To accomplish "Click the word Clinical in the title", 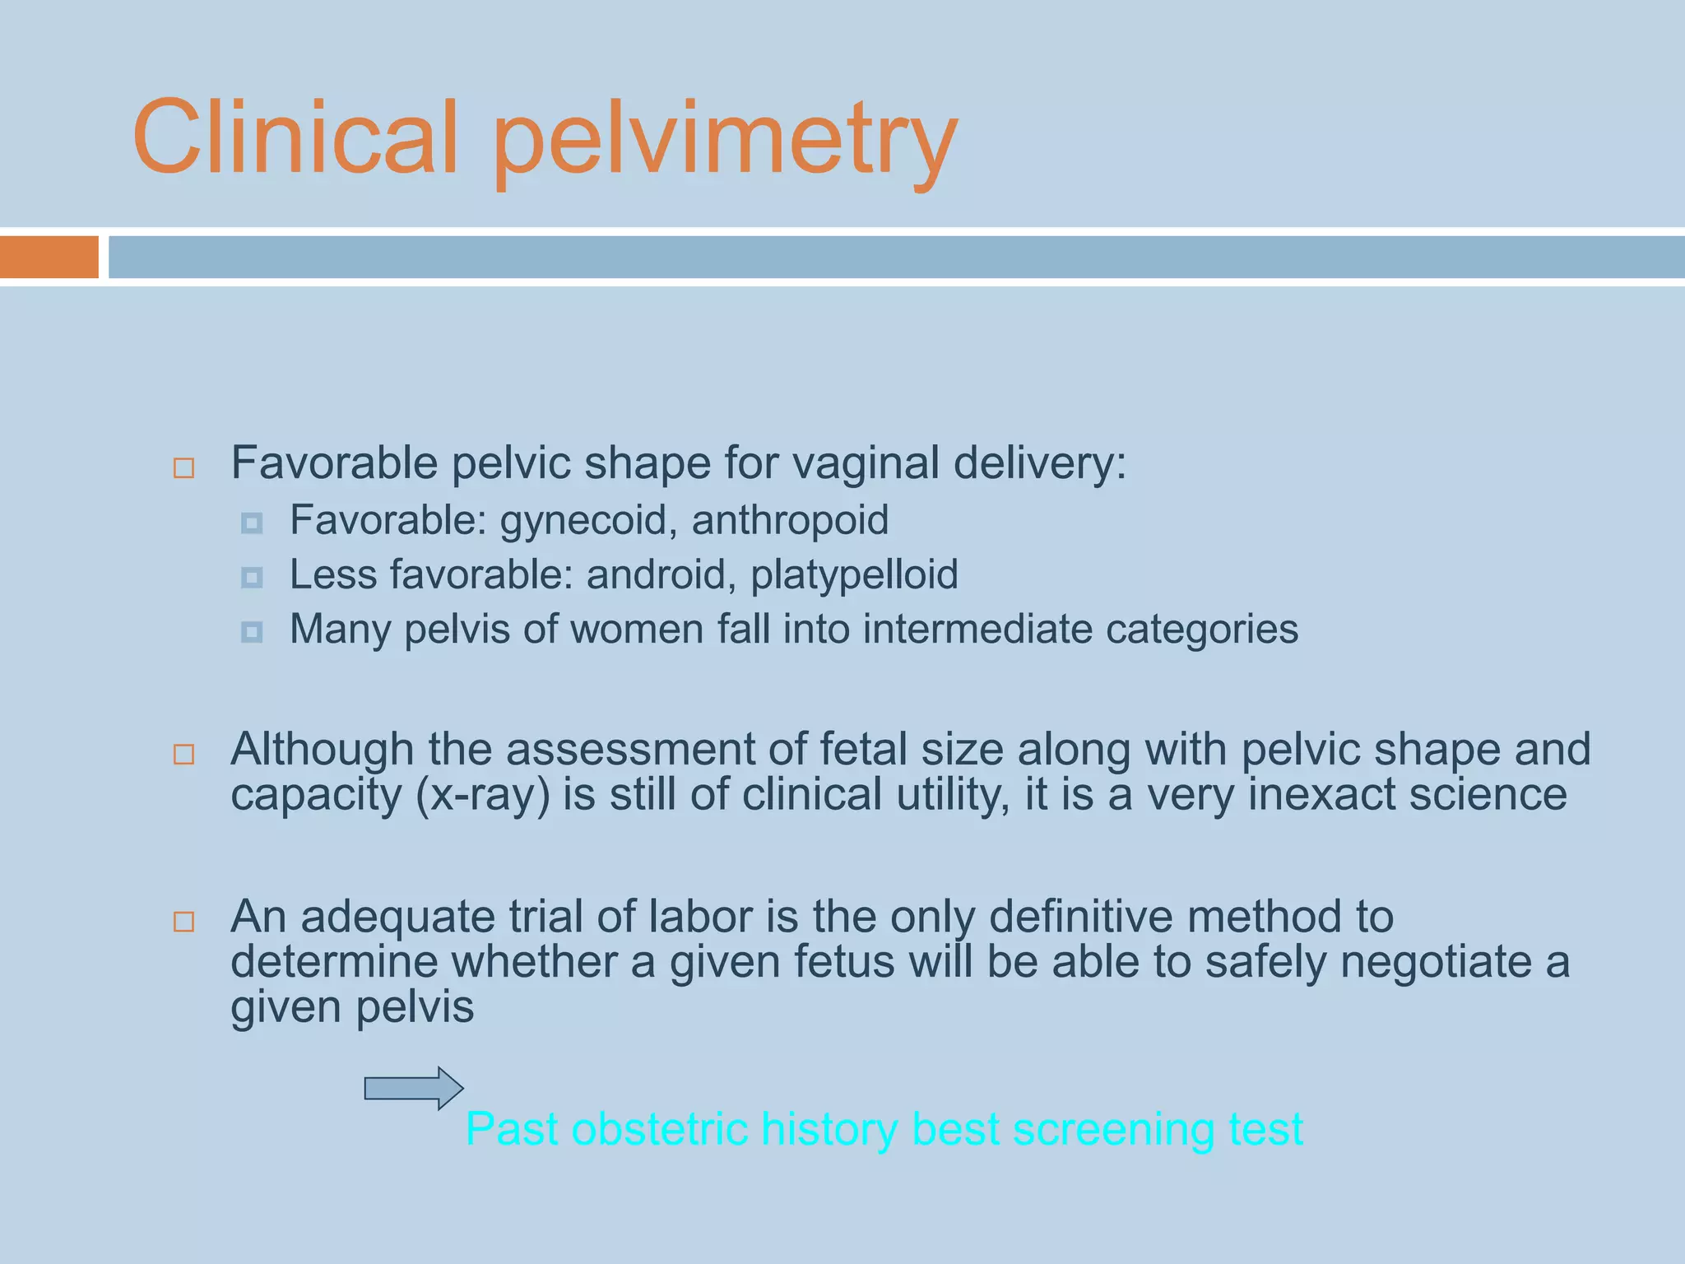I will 295,137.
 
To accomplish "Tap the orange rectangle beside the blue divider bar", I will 49,257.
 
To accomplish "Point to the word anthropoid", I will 790,522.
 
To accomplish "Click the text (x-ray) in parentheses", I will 483,796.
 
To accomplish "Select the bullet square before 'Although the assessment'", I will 184,754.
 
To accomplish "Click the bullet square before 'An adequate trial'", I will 184,921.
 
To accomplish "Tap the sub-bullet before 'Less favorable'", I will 252,577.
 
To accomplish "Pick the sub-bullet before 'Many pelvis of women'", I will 252,631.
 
